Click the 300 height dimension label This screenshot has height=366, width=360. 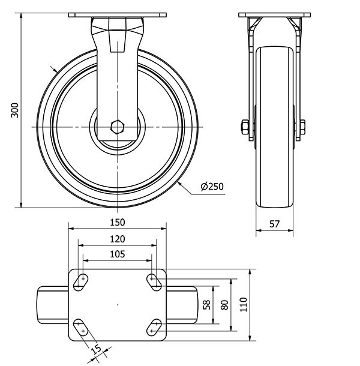click(15, 110)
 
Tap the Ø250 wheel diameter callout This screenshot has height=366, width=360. click(212, 187)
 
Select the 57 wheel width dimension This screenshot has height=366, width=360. click(274, 224)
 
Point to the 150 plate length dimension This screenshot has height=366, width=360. click(118, 222)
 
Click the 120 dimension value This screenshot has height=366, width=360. click(118, 239)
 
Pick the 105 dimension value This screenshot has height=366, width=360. click(118, 254)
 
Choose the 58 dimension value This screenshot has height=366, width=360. click(207, 305)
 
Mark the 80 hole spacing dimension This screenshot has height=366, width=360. click(224, 305)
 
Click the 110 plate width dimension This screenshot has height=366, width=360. click(243, 304)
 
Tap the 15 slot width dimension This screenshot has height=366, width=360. click(96, 350)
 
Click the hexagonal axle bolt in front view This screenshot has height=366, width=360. click(118, 127)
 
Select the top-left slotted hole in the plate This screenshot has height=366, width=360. click(80, 283)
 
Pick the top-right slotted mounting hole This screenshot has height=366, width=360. click(154, 283)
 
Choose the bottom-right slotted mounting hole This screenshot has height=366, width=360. click(154, 328)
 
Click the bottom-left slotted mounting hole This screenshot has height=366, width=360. click(80, 328)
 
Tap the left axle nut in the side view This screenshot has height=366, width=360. click(245, 127)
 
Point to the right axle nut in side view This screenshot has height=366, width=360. click(302, 127)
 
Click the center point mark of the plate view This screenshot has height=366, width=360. click(118, 305)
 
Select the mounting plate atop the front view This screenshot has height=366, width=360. click(118, 15)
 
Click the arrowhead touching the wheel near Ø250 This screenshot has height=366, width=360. click(179, 184)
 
